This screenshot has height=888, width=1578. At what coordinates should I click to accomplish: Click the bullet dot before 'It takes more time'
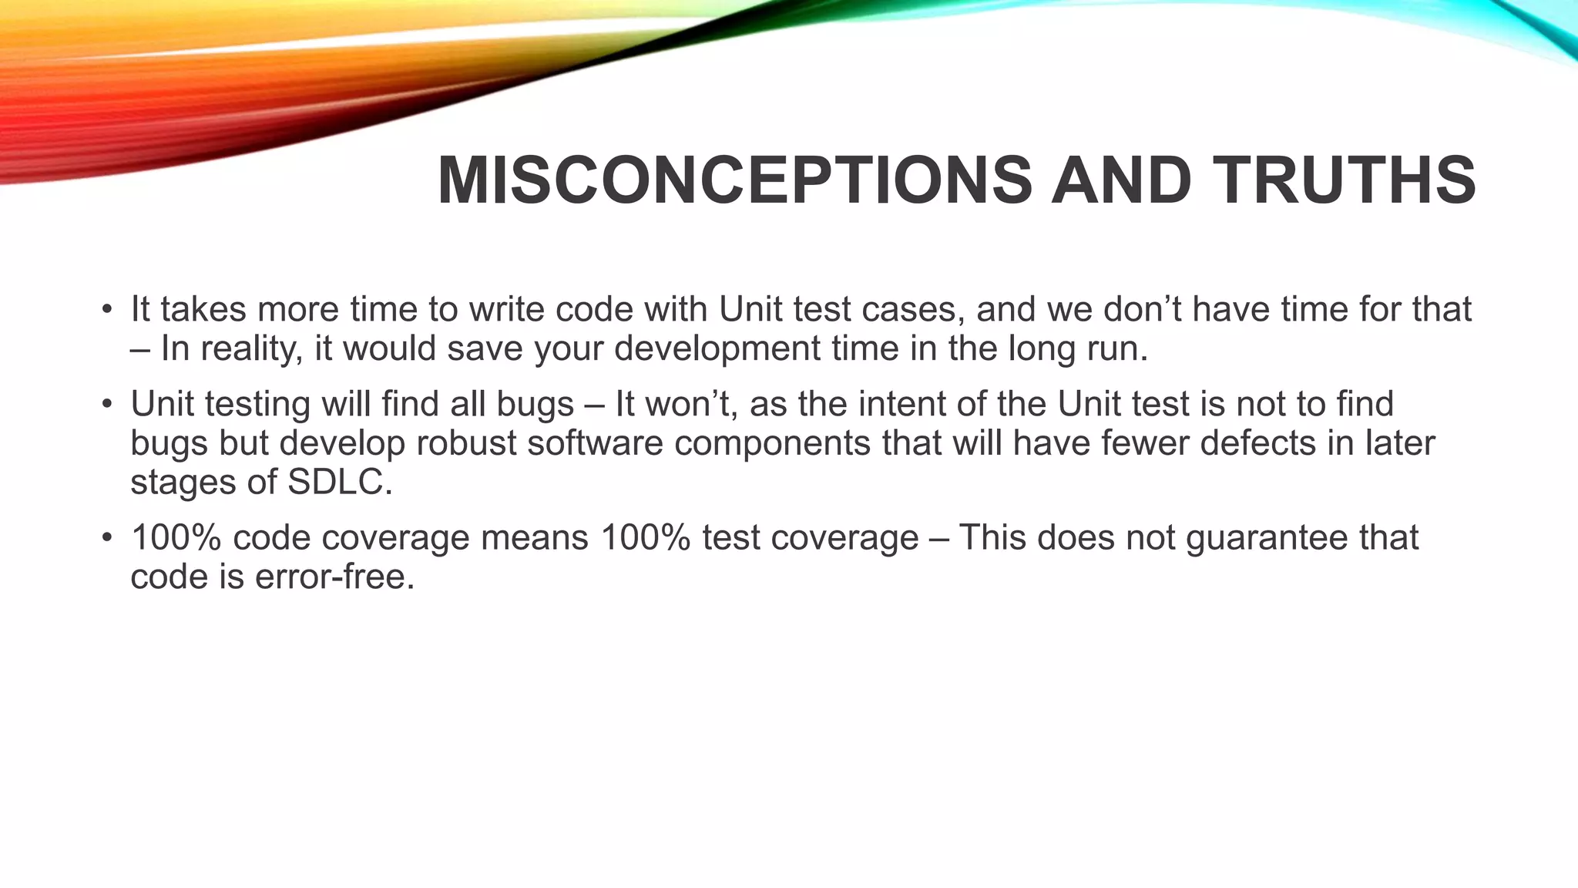click(107, 311)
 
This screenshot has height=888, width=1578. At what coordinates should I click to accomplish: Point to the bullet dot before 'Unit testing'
click(107, 405)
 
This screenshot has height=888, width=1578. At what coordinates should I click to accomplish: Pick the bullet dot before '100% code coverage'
click(107, 538)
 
